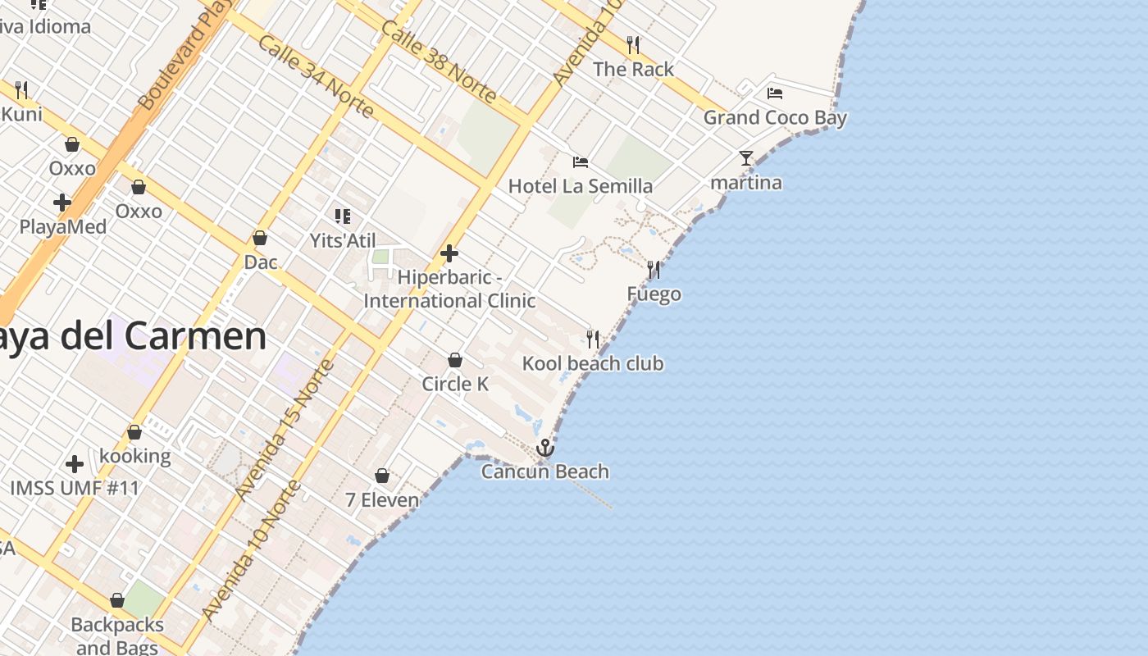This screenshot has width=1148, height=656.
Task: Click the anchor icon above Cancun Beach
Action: pos(545,448)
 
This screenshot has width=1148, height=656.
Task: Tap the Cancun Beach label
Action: pos(545,471)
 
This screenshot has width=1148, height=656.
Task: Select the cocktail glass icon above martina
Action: pos(745,158)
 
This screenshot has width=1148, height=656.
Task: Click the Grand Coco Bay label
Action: pos(775,117)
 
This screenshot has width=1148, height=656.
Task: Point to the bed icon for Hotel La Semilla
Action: pos(581,162)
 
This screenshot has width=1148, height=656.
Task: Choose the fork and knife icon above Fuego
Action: pos(654,269)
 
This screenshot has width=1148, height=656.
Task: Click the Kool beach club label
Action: pos(593,363)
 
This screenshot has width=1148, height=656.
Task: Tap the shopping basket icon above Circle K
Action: pos(455,360)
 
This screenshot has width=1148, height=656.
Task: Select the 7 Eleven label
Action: pos(382,499)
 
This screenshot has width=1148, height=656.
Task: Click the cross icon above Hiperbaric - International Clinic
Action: pos(449,253)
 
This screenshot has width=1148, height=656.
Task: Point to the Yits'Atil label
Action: pos(343,241)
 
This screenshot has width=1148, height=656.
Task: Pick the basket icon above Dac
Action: pos(260,238)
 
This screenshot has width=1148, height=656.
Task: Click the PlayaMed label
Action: pos(63,227)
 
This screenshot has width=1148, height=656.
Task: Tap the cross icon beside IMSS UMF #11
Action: pos(75,464)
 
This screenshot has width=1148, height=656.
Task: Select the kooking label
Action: pos(135,456)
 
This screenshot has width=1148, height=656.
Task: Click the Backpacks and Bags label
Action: pos(117,635)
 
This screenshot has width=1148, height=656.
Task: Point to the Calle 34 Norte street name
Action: pos(316,75)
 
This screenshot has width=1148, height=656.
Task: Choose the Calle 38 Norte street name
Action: pos(439,61)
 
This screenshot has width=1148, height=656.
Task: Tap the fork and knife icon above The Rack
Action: pos(633,44)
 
